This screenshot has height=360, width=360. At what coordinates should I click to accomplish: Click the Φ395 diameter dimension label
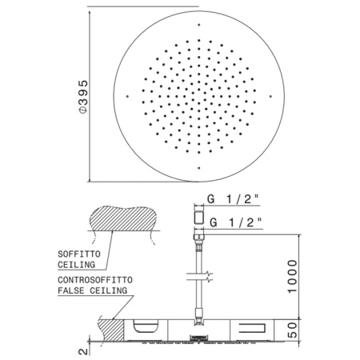(83, 97)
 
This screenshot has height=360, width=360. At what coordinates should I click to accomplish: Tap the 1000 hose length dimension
(292, 277)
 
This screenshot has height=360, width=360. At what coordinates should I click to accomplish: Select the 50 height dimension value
(292, 330)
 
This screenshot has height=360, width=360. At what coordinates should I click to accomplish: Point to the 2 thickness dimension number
(83, 351)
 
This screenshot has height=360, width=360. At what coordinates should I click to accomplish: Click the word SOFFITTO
(79, 254)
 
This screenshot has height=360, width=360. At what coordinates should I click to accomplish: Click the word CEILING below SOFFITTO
(77, 265)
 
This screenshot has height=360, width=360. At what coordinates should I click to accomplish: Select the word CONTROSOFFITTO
(95, 280)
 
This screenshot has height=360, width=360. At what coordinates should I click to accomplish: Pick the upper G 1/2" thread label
(233, 199)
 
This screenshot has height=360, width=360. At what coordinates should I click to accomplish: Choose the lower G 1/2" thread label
(236, 222)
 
